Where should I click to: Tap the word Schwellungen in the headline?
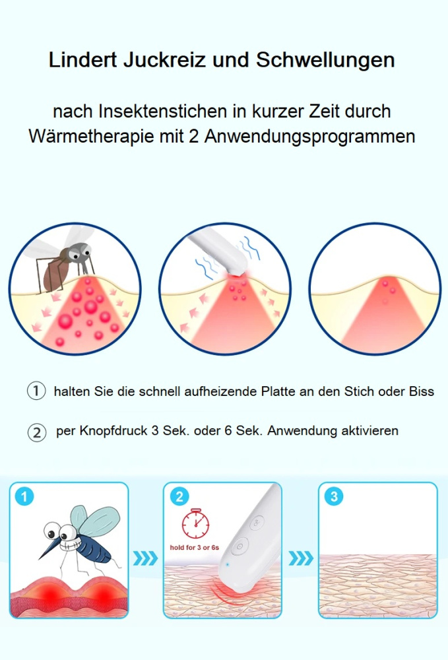[x=325, y=60]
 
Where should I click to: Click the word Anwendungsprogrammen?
[x=309, y=137]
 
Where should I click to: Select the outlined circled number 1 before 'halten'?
[x=36, y=391]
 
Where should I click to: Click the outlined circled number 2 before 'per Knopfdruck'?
[x=36, y=433]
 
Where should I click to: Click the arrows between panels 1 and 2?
[x=146, y=559]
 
